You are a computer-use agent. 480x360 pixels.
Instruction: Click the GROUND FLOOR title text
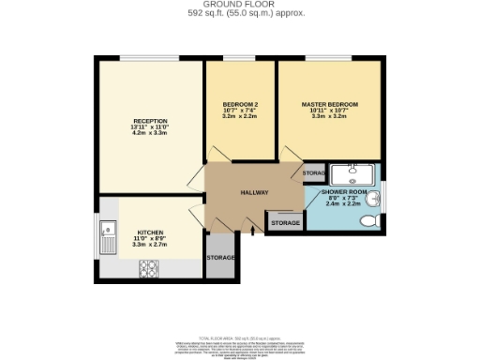tap(239, 5)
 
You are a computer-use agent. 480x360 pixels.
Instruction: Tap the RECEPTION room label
tap(150, 121)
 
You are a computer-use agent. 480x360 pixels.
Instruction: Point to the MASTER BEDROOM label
tap(329, 104)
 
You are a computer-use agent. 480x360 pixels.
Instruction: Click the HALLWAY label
tap(254, 192)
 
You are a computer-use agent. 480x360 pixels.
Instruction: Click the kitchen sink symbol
tap(110, 229)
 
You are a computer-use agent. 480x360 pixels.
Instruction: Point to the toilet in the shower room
tap(369, 220)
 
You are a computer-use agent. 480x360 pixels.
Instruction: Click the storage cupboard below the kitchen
tap(221, 257)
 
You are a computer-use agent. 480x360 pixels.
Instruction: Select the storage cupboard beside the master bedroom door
tap(314, 173)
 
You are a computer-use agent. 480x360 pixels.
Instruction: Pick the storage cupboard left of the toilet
tap(286, 223)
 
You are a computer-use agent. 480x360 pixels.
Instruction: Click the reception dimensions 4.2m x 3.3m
tap(150, 134)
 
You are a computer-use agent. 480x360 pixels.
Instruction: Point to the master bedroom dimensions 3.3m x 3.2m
tap(329, 117)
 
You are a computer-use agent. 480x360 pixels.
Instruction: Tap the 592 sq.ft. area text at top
tap(239, 14)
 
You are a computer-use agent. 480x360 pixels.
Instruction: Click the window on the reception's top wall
tap(149, 58)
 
